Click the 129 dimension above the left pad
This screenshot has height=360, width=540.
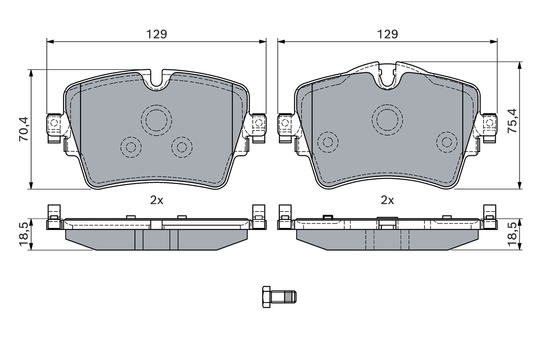point(157,35)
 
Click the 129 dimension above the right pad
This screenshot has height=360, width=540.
point(387,35)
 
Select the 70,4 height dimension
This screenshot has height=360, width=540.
point(24,129)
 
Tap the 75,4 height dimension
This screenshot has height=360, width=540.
point(512,121)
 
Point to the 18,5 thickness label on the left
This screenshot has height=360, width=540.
point(24,234)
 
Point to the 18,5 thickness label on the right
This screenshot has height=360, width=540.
point(512,234)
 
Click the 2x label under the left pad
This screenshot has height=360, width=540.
point(157,200)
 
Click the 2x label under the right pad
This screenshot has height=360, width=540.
point(387,200)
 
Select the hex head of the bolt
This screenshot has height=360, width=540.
point(266,297)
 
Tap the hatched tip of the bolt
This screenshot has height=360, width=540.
point(288,297)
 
